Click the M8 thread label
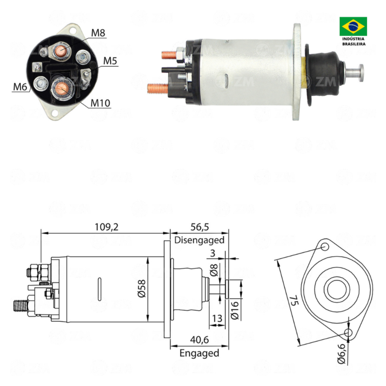click(98, 33)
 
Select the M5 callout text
click(110, 61)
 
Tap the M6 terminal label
click(20, 87)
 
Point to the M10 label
click(100, 103)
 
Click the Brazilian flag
click(353, 26)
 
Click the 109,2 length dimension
click(106, 227)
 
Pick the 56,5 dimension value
click(199, 227)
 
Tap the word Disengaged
click(199, 240)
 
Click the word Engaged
click(199, 353)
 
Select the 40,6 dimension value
click(199, 340)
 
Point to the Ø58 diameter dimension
click(142, 289)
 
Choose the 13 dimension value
click(217, 318)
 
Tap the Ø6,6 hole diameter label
click(341, 353)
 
